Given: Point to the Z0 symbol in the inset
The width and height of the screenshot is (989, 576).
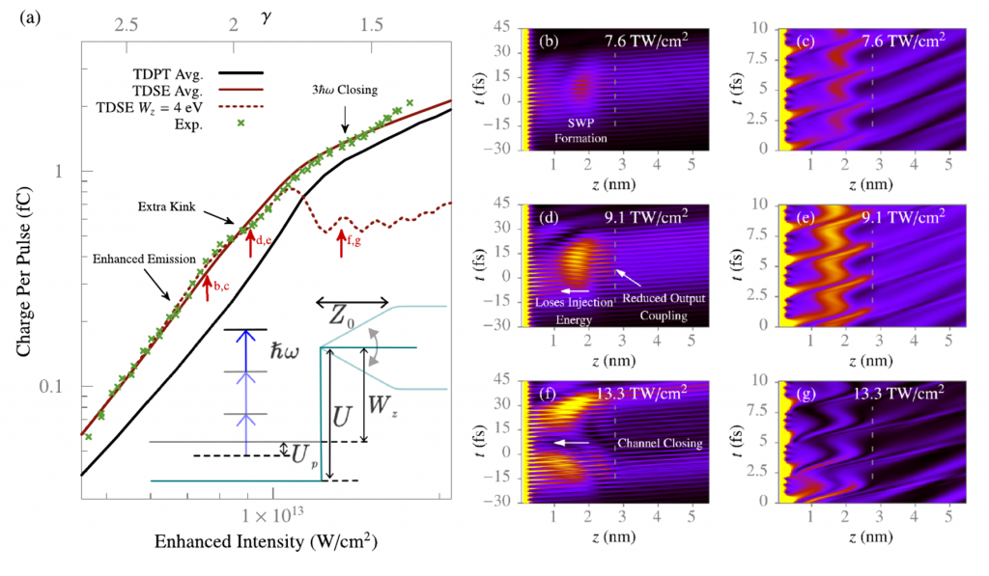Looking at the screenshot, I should point(353,315).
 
